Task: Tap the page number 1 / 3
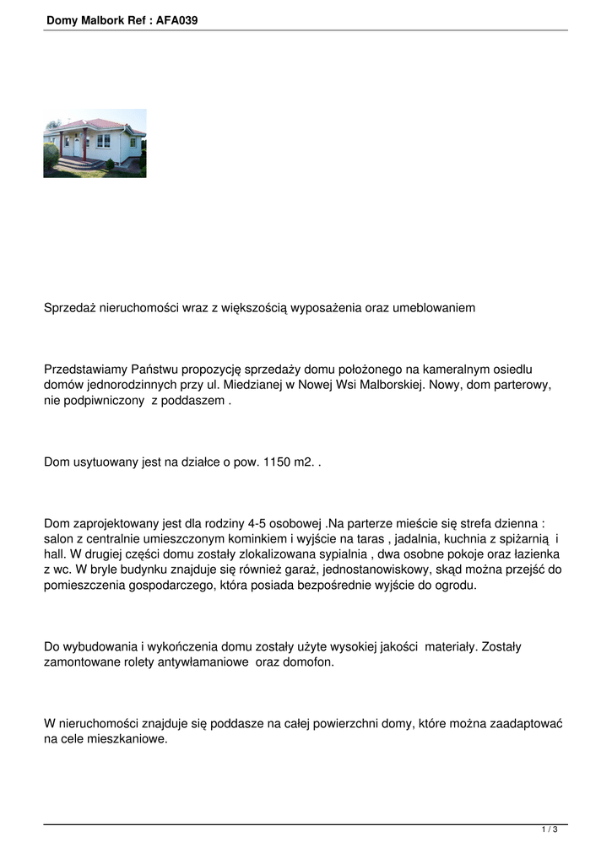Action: pos(550,830)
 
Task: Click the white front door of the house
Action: pos(77,146)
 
